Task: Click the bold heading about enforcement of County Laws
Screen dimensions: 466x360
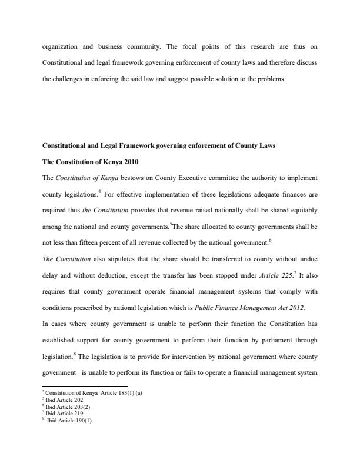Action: tap(158, 145)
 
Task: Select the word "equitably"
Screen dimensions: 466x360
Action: tap(302, 209)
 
